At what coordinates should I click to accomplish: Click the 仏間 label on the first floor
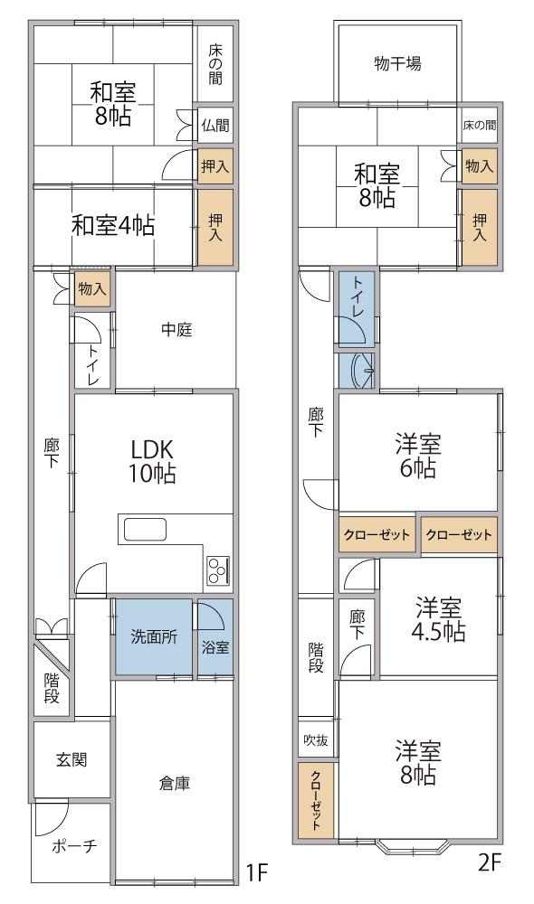point(215,125)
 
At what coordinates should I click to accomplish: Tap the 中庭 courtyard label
point(176,330)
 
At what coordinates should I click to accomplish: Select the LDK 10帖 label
point(152,461)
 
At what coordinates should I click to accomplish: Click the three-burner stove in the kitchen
point(219,570)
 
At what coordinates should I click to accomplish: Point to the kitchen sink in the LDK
point(143,529)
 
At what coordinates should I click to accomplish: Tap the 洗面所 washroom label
point(154,637)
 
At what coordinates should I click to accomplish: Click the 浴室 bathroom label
point(215,647)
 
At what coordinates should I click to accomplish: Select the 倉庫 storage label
point(175,784)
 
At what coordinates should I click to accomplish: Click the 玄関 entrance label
point(72,759)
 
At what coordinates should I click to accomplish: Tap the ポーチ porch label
point(74,846)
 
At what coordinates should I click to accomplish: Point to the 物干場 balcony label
point(397,63)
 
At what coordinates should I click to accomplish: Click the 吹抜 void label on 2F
point(316,739)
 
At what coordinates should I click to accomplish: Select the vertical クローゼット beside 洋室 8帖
point(317,799)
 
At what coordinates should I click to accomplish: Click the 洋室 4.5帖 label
point(439,620)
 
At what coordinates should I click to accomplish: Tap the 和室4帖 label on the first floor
point(113,225)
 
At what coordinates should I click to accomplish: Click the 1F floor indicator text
point(256,872)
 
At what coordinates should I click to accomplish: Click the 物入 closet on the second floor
point(479,166)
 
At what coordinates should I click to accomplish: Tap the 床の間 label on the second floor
point(479,125)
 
